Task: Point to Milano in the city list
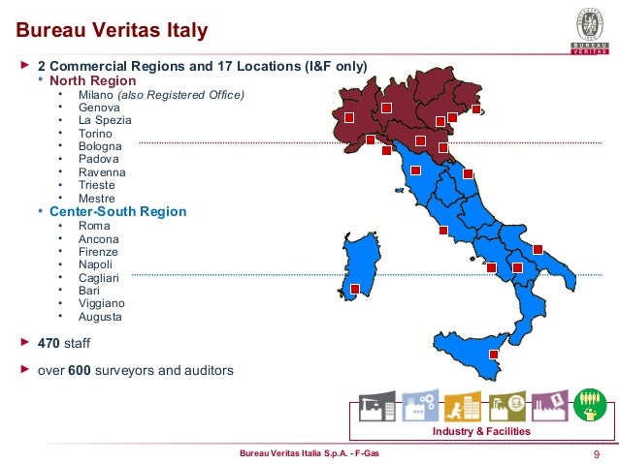(95, 94)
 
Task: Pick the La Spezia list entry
(104, 120)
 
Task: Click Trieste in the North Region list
(96, 185)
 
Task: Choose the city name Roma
(94, 225)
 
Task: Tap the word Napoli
(96, 263)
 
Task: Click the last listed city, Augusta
(100, 316)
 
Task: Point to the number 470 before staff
(49, 343)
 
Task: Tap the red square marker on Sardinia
(355, 289)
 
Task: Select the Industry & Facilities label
(481, 431)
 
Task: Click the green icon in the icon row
(589, 405)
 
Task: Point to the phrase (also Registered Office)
(181, 94)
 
